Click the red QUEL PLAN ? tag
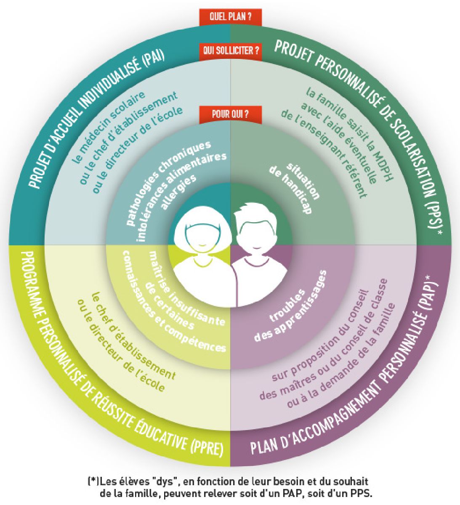point(231,17)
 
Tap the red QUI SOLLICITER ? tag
point(231,51)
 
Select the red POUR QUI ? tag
point(231,114)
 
